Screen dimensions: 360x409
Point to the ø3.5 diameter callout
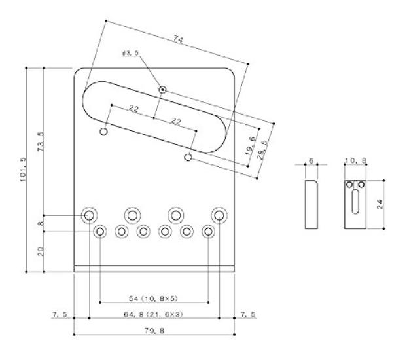tap(132, 53)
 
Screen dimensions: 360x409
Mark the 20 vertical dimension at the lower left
tap(41, 251)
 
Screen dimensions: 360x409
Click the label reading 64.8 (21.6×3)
tap(154, 316)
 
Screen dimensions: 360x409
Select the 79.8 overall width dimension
tap(154, 331)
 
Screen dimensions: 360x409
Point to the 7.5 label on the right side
tap(248, 315)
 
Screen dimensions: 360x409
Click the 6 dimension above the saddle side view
tap(311, 159)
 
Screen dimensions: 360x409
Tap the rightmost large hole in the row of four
tap(218, 215)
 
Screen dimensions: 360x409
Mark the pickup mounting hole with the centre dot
tap(162, 89)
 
